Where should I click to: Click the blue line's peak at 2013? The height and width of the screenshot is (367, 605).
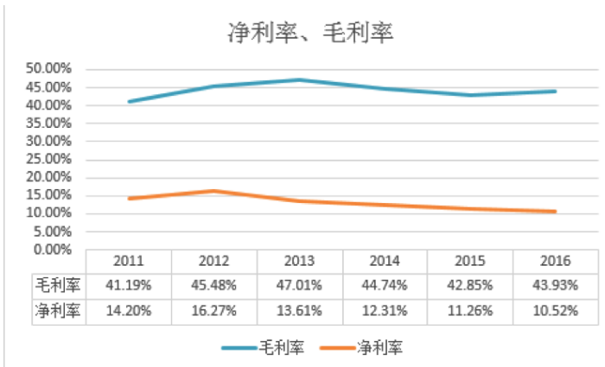[300, 79]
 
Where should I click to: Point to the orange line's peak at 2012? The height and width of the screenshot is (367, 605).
[214, 191]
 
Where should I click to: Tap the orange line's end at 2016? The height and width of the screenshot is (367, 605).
[554, 212]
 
